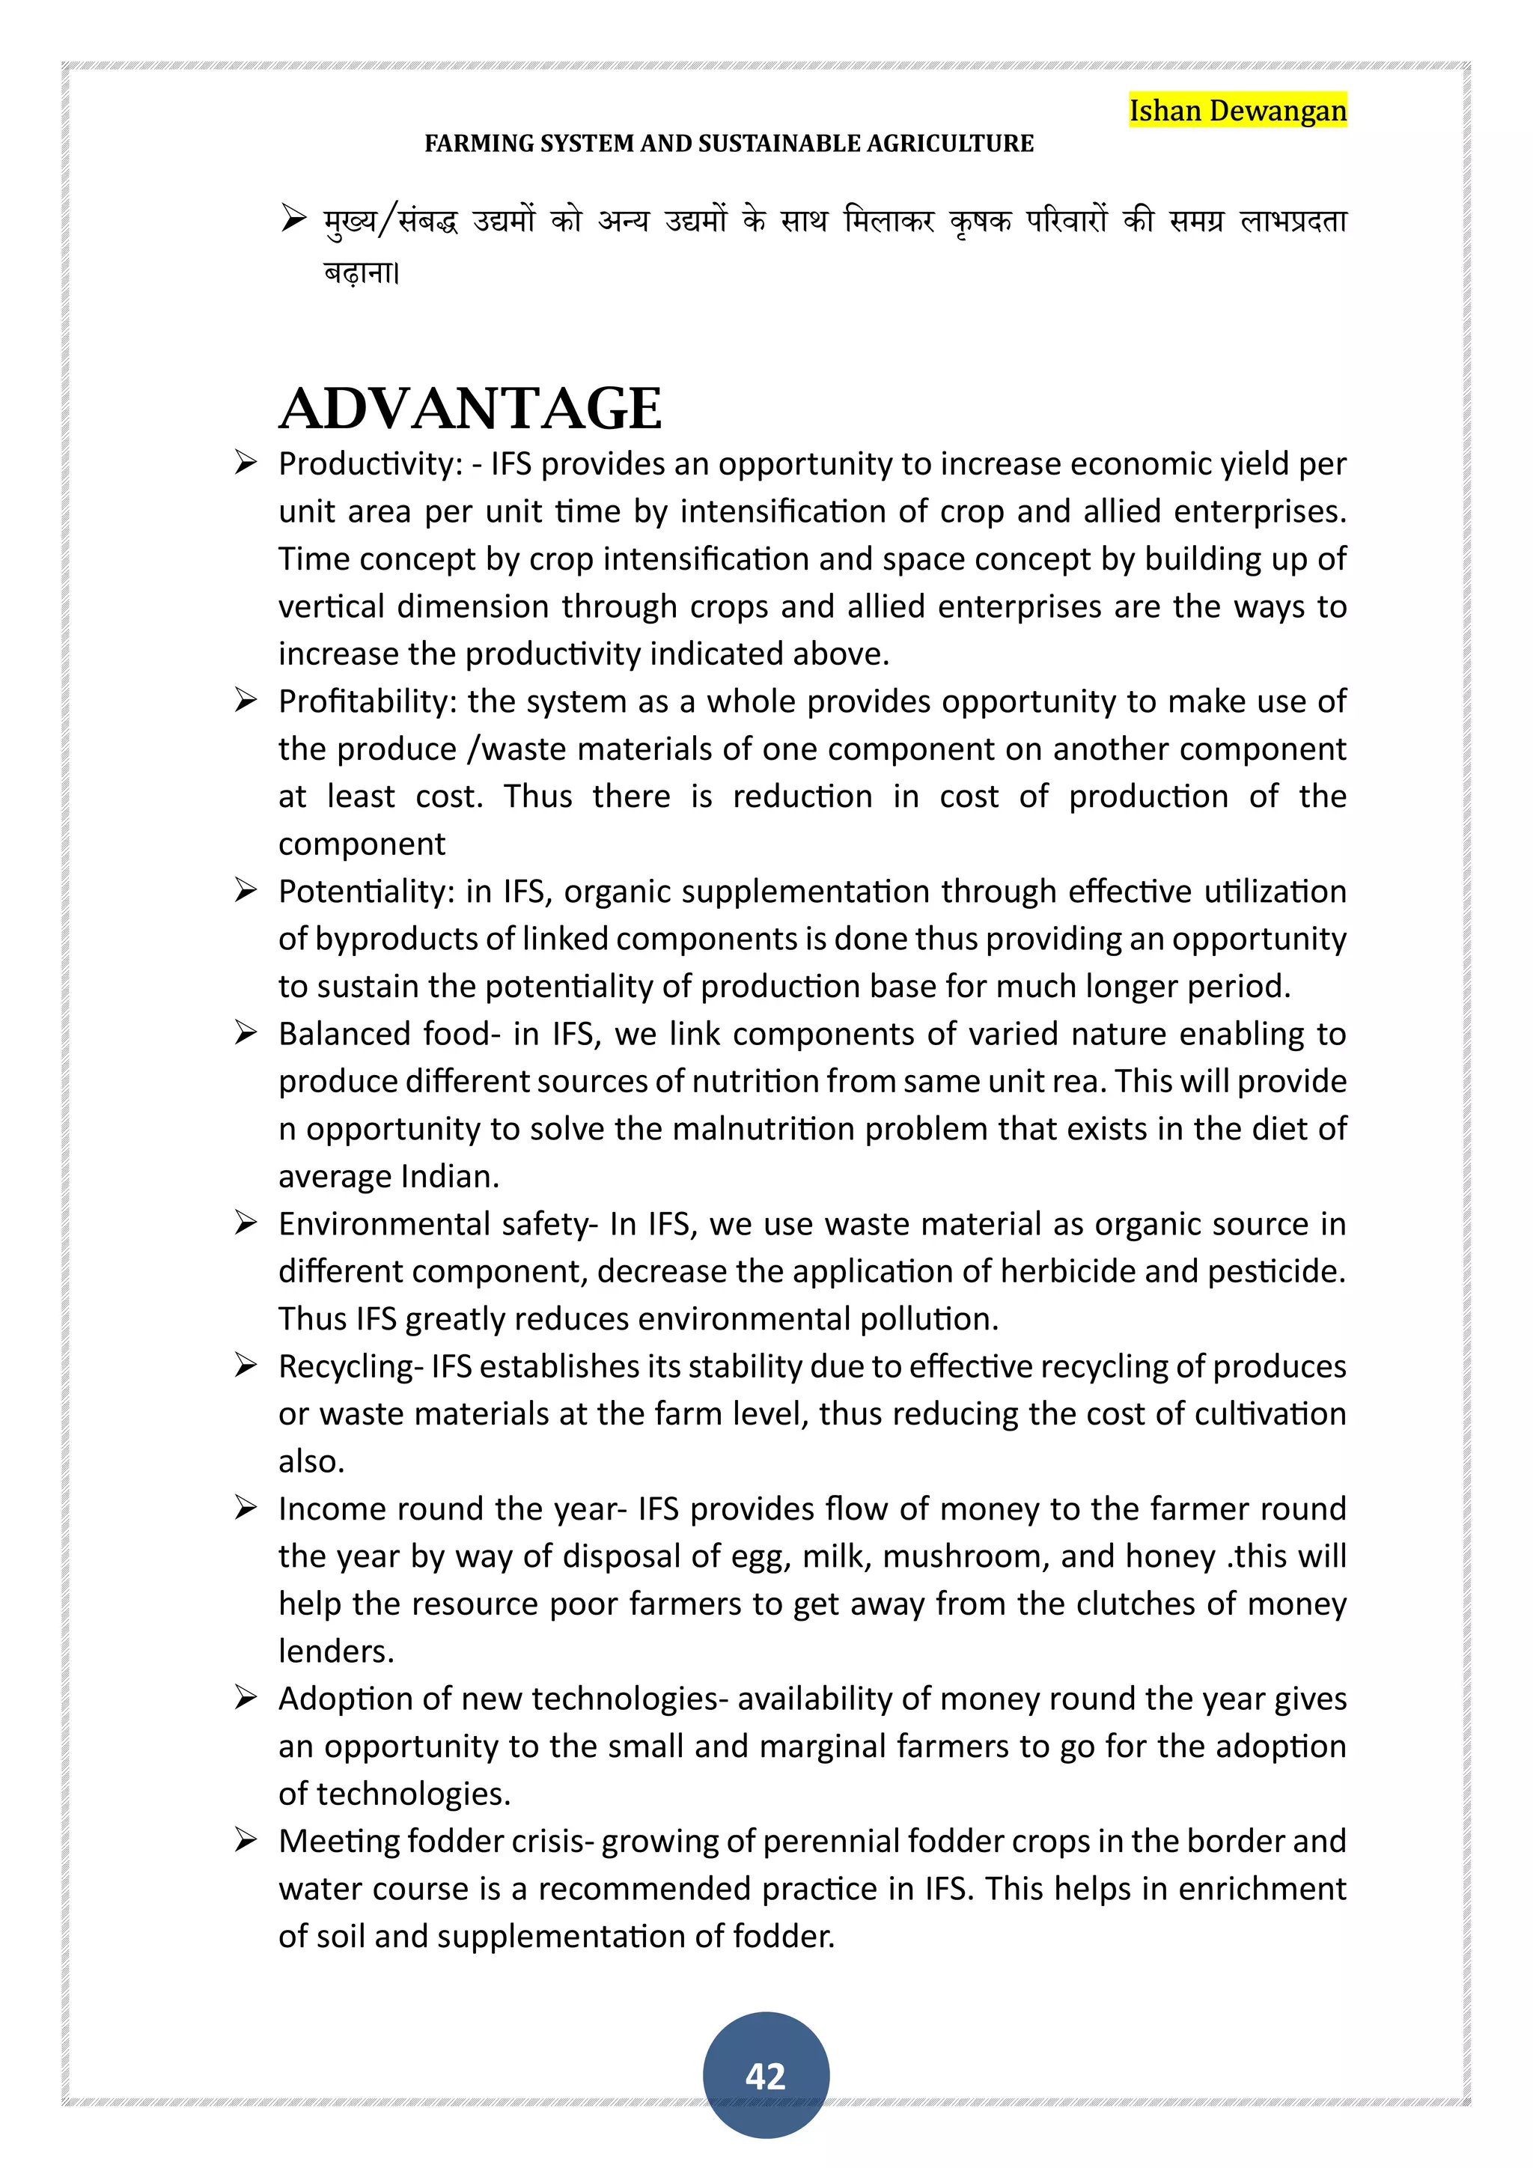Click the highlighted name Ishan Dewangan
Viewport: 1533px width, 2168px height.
click(1237, 111)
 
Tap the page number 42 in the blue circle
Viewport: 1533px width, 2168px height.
click(766, 2075)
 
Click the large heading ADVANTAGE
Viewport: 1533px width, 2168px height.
click(470, 408)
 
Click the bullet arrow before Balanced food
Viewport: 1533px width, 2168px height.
click(246, 1033)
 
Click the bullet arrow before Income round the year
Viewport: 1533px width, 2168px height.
click(246, 1508)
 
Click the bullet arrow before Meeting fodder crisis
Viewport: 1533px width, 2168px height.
click(246, 1840)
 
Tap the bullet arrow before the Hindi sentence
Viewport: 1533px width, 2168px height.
click(293, 220)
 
